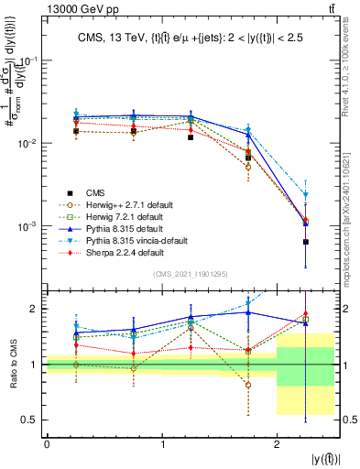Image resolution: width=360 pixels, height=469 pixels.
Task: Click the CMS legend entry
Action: click(95, 192)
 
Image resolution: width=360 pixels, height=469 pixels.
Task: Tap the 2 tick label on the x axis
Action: click(277, 443)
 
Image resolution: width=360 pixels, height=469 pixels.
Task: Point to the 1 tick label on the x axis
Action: click(162, 443)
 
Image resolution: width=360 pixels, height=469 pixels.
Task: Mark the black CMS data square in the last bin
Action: click(305, 242)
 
